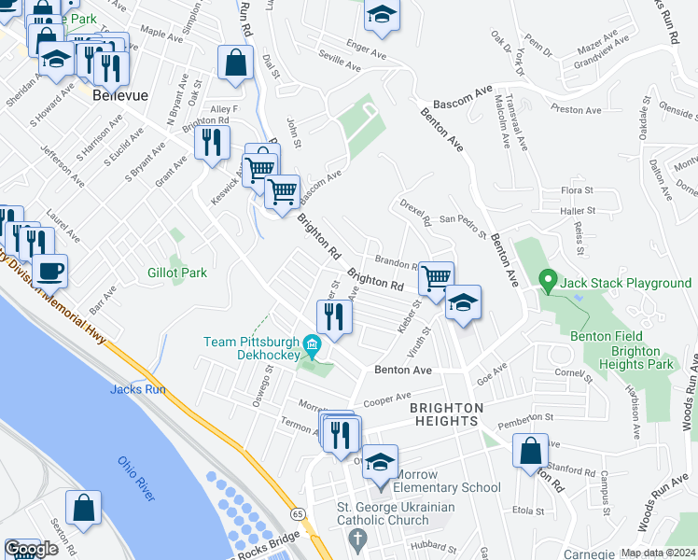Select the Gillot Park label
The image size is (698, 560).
176,273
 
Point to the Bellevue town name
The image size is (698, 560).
116,94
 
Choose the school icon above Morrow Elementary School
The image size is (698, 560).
380,463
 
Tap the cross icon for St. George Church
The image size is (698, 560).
356,539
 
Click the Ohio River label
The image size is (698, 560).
136,478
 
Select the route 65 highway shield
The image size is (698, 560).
297,513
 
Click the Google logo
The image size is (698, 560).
31,548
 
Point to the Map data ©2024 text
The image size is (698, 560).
658,553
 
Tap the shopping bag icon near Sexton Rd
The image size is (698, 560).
83,508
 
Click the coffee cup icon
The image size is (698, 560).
49,271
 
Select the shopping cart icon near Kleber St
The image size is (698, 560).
436,277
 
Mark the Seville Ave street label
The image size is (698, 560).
339,67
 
